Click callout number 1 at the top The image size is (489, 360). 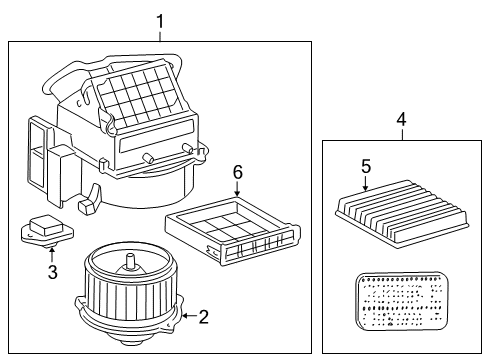coord(159,21)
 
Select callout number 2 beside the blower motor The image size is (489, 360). coord(203,317)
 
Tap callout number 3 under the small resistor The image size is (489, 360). coord(52,270)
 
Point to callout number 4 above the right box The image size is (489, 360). coord(401,120)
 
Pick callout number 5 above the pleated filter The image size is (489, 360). coord(366,167)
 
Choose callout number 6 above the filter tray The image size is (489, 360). coord(238,172)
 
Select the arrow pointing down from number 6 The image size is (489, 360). coord(238,191)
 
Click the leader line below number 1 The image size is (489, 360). coord(159,35)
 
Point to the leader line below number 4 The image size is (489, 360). coord(401,134)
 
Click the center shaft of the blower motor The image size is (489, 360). coord(130,264)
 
